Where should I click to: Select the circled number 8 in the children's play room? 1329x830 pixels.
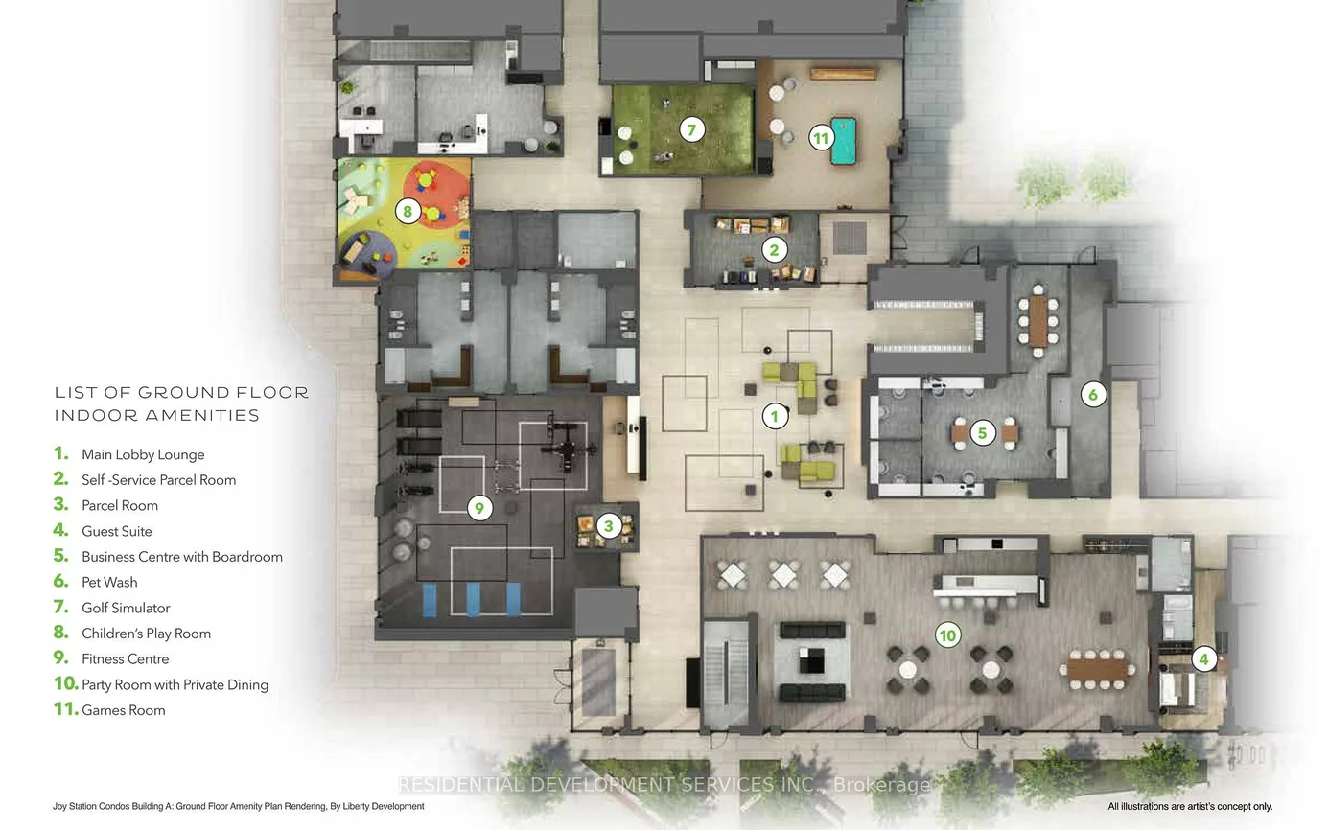pyautogui.click(x=408, y=211)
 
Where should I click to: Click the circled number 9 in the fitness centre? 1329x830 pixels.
pyautogui.click(x=478, y=508)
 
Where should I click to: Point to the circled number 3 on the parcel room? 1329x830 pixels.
pyautogui.click(x=607, y=525)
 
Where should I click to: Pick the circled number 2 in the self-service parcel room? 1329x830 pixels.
pyautogui.click(x=774, y=250)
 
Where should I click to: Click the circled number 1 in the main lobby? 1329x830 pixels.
pyautogui.click(x=774, y=416)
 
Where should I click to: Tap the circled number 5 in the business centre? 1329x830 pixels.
pyautogui.click(x=981, y=432)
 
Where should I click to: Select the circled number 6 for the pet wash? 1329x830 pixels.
pyautogui.click(x=1092, y=393)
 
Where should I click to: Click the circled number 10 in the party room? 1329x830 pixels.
pyautogui.click(x=947, y=634)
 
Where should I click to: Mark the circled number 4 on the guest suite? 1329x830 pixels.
pyautogui.click(x=1204, y=659)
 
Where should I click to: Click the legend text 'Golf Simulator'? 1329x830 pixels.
pyautogui.click(x=126, y=608)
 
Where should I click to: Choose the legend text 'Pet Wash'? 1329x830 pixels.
pyautogui.click(x=109, y=582)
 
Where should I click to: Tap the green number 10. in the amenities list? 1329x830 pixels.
pyautogui.click(x=65, y=684)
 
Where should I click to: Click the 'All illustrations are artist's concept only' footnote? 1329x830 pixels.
pyautogui.click(x=1189, y=807)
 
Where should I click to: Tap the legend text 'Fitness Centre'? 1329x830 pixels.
pyautogui.click(x=125, y=658)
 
